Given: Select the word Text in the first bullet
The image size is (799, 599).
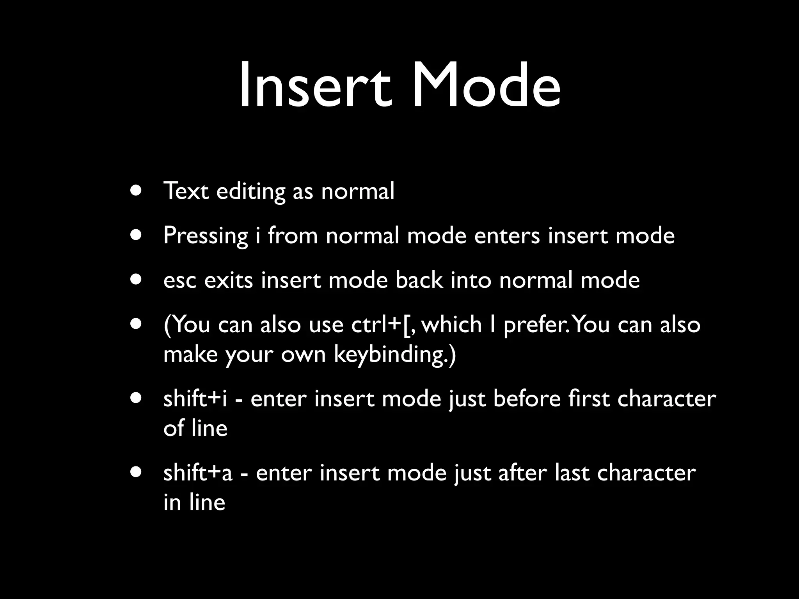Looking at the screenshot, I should (186, 191).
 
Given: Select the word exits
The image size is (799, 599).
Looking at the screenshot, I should (229, 280).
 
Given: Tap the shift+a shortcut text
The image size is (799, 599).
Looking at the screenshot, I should (198, 473).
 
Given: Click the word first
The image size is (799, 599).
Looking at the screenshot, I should (589, 399).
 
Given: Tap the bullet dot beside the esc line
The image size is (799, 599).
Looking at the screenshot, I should (136, 280).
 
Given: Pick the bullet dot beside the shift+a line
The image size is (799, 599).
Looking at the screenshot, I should (136, 472).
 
